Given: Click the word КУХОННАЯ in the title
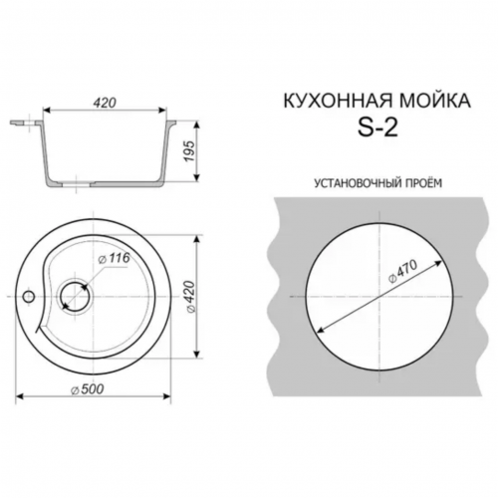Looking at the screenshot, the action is tap(338, 101).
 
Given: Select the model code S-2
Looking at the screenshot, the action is tap(377, 127).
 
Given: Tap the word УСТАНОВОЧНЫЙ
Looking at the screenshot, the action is tap(358, 183).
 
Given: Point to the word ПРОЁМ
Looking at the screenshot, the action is tap(424, 182).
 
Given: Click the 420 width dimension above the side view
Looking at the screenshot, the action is tap(105, 103).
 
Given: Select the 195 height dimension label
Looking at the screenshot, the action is tap(188, 151).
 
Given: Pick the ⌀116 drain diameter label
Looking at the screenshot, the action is tap(115, 259).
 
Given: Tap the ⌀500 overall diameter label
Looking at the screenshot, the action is tap(88, 389).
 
